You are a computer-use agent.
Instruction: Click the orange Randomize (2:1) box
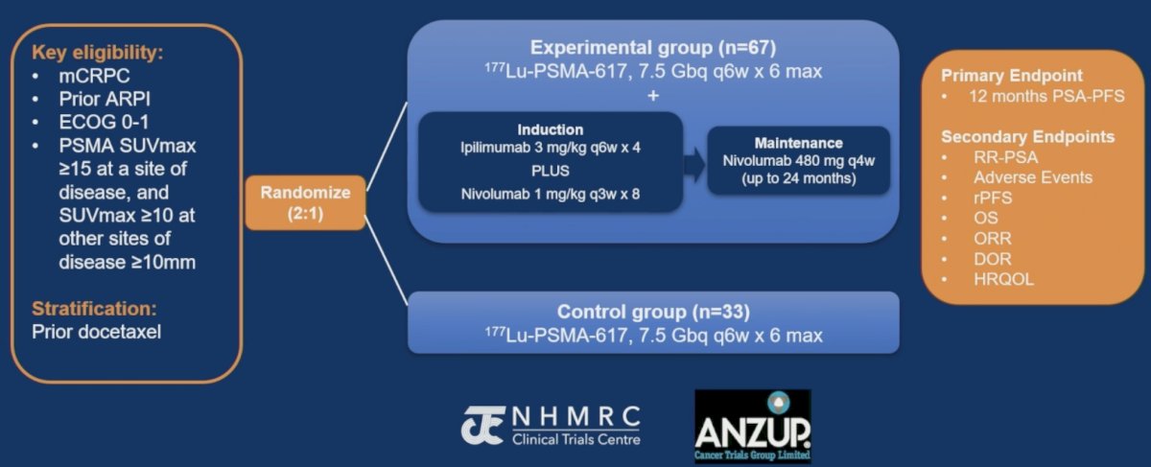pyautogui.click(x=306, y=202)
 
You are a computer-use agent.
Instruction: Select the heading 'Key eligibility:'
pyautogui.click(x=98, y=53)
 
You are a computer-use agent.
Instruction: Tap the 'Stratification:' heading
pyautogui.click(x=95, y=308)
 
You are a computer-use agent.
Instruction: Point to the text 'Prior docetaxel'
pyautogui.click(x=97, y=332)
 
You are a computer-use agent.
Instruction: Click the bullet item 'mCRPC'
pyautogui.click(x=95, y=76)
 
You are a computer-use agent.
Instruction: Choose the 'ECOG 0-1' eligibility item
pyautogui.click(x=104, y=123)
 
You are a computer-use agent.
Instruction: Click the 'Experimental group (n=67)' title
pyautogui.click(x=653, y=48)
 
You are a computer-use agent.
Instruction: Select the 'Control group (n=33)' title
pyautogui.click(x=653, y=312)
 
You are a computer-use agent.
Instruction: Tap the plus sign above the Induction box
pyautogui.click(x=653, y=96)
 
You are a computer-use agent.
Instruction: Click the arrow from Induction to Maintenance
pyautogui.click(x=694, y=165)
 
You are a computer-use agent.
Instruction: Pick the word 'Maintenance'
pyautogui.click(x=798, y=143)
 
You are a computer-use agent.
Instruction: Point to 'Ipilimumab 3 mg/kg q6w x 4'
pyautogui.click(x=551, y=148)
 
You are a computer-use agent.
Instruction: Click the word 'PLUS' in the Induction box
pyautogui.click(x=551, y=171)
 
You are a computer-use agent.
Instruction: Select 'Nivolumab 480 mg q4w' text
pyautogui.click(x=798, y=161)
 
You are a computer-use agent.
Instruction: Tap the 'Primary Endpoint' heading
pyautogui.click(x=1012, y=76)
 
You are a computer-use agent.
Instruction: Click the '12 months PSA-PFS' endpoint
pyautogui.click(x=1046, y=96)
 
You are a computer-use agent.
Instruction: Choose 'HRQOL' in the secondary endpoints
pyautogui.click(x=1003, y=279)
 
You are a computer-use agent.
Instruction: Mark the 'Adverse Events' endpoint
pyautogui.click(x=1033, y=177)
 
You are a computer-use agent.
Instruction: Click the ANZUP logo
pyautogui.click(x=753, y=427)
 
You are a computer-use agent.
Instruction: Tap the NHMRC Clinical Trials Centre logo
pyautogui.click(x=551, y=426)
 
